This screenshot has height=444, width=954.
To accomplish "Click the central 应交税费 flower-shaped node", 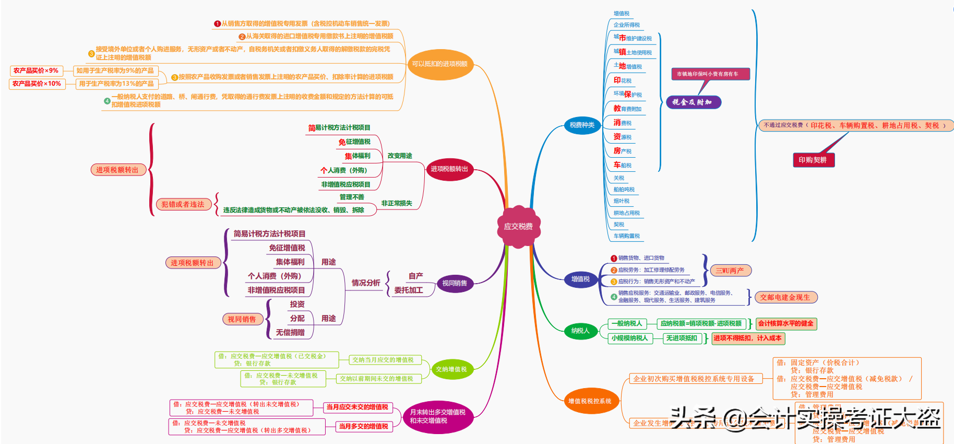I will (x=518, y=226).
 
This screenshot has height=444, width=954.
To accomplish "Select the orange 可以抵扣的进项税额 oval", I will (x=440, y=64).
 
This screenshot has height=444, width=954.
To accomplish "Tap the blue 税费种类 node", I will (x=582, y=125).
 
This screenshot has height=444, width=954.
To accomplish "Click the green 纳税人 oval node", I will (x=580, y=331).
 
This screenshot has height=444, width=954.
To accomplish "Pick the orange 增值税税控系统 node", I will (x=590, y=401).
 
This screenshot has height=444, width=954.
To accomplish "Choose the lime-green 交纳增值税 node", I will (x=451, y=369).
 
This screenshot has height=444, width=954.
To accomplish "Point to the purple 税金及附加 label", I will (x=693, y=102).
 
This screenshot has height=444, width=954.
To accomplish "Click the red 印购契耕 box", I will (x=813, y=160).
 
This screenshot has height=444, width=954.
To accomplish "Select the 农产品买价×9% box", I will (x=36, y=71).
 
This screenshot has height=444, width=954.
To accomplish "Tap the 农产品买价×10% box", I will (x=37, y=84).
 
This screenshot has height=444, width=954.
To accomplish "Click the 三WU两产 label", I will (x=730, y=271).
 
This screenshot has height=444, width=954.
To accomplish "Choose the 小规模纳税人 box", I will (x=629, y=338).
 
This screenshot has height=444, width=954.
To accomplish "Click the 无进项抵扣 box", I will (x=682, y=338).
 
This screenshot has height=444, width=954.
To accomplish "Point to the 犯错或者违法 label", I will (x=183, y=204).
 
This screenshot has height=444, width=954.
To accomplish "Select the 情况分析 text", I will (x=365, y=283).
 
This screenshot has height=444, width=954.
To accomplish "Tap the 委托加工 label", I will (x=409, y=290).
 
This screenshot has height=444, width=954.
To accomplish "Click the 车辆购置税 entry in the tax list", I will (x=626, y=236).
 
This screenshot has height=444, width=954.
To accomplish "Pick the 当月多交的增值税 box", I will (x=363, y=426).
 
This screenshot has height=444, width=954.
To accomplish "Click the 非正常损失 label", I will (x=397, y=203).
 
